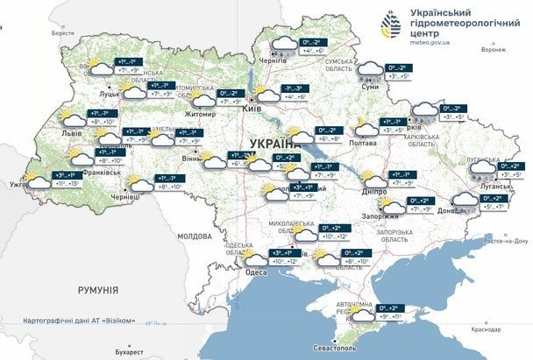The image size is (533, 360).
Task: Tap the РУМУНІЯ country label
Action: point(82,289)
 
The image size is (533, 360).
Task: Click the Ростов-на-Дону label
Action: point(506,241)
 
